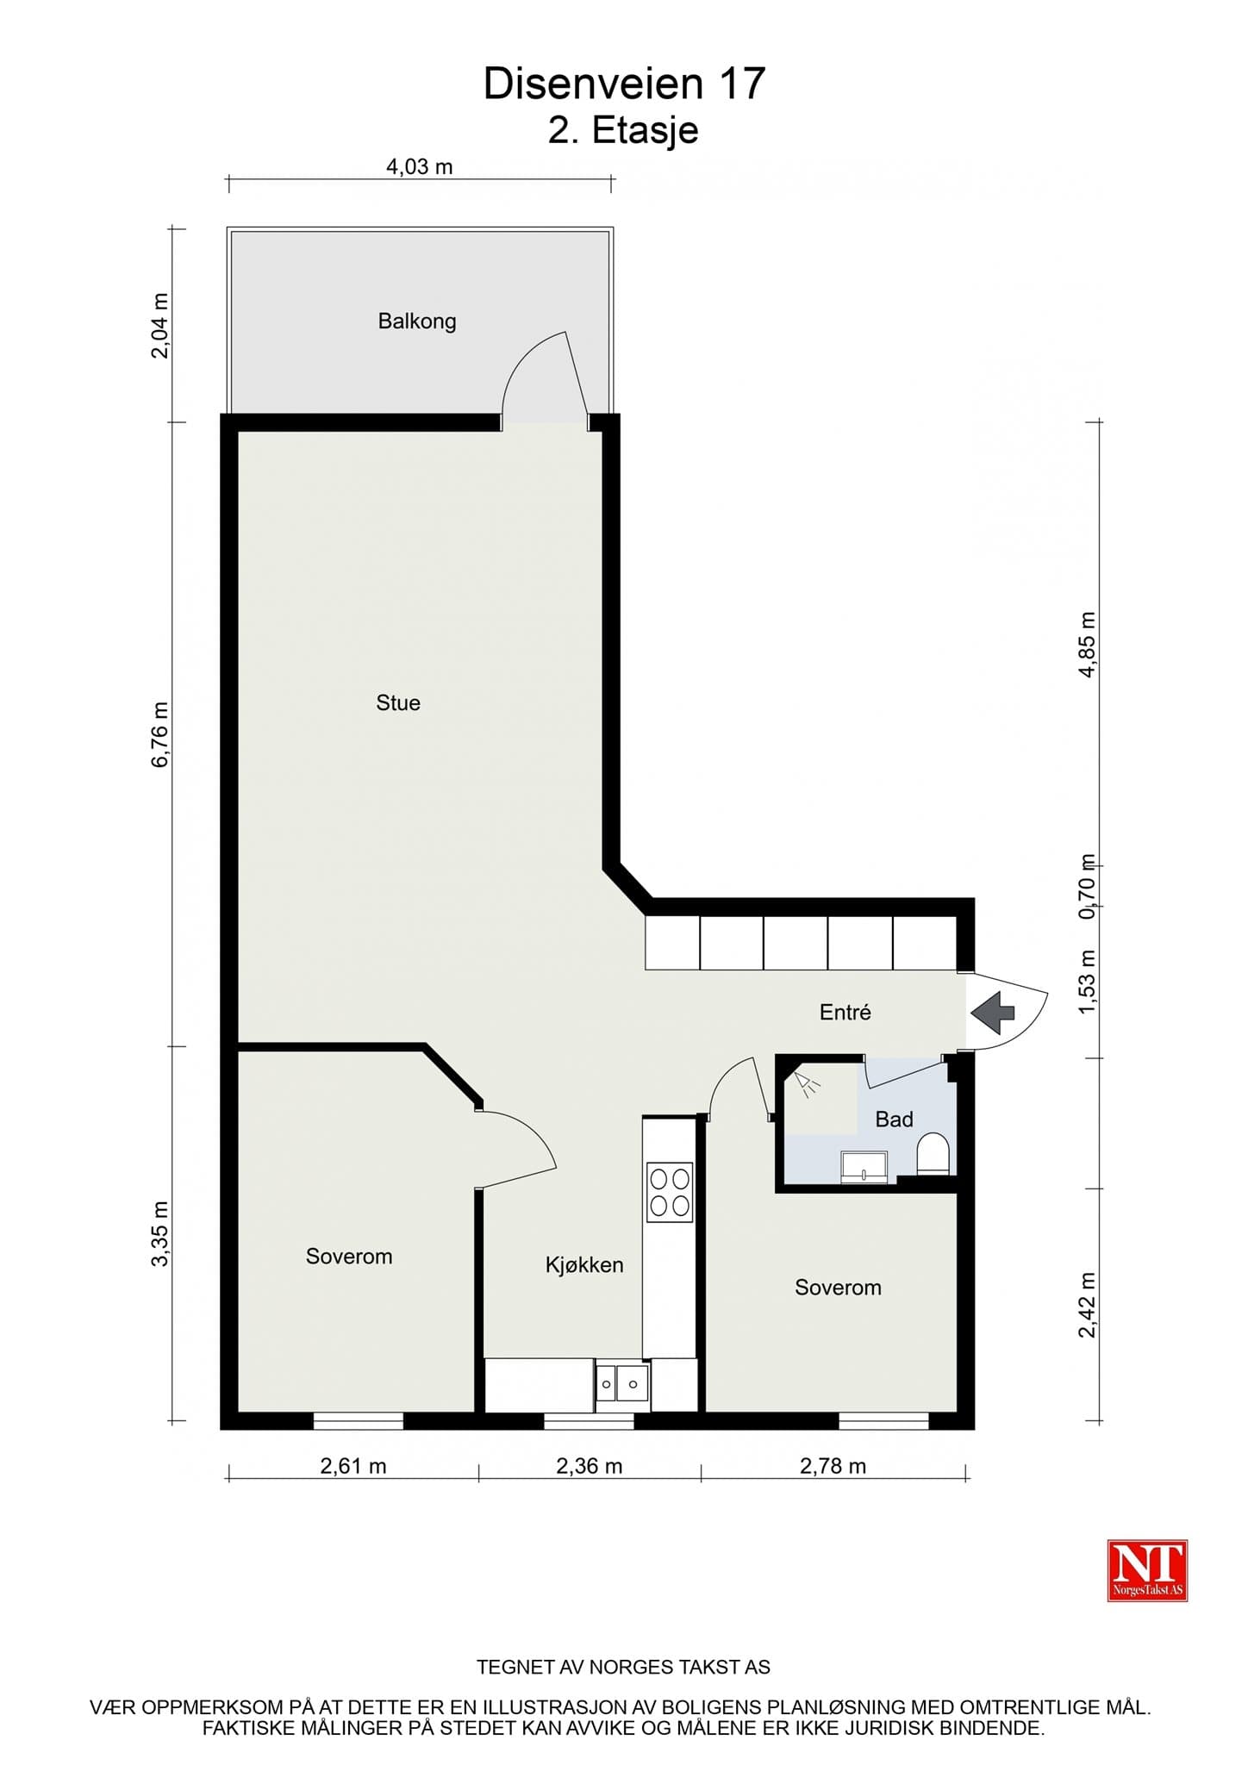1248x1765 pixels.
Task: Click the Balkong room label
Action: pos(417,321)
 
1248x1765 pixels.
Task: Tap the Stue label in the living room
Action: pos(398,702)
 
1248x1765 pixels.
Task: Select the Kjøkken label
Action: pos(584,1265)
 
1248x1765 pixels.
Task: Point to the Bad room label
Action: pos(894,1119)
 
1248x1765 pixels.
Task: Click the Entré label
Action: pos(845,1012)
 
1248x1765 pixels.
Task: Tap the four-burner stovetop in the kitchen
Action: pos(670,1192)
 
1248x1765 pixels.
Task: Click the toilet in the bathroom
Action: pos(933,1154)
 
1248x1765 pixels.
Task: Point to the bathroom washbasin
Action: pos(864,1167)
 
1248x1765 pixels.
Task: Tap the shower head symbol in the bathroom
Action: pos(807,1084)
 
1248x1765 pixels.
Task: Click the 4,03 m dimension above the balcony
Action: pos(420,166)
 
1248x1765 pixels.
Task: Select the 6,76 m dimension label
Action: pos(160,734)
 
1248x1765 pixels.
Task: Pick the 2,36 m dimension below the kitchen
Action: pos(590,1466)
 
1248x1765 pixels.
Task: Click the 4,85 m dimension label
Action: pos(1088,645)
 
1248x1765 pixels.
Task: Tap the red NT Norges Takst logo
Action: pos(1147,1570)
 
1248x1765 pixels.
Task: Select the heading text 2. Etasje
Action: pos(623,131)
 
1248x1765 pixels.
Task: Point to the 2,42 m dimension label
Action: pos(1088,1305)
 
